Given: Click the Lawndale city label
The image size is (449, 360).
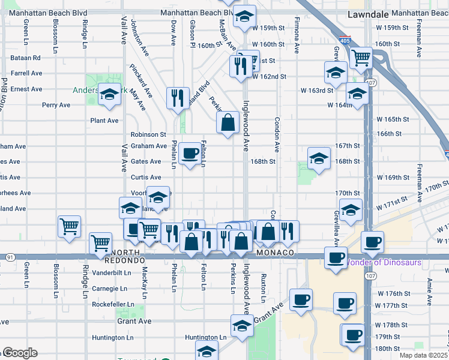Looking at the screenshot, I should coord(367,13).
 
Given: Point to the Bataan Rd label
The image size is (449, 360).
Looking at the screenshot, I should coord(25,58).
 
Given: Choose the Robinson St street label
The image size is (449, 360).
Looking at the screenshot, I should coord(148,134).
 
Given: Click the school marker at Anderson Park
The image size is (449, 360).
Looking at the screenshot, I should coord(109,95).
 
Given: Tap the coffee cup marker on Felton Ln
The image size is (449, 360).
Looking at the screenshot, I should coord(190,154).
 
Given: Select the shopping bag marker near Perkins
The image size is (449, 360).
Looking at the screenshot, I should coord(228,123).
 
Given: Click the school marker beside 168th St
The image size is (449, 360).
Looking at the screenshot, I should coord(319,159).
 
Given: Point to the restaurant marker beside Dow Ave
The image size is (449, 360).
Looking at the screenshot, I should coord(177,98).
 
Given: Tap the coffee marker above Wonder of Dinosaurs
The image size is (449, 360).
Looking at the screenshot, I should coord(372,242).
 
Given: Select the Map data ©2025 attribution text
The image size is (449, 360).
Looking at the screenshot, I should coord(423,355).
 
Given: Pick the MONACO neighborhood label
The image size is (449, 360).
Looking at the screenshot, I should coord(274,254).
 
